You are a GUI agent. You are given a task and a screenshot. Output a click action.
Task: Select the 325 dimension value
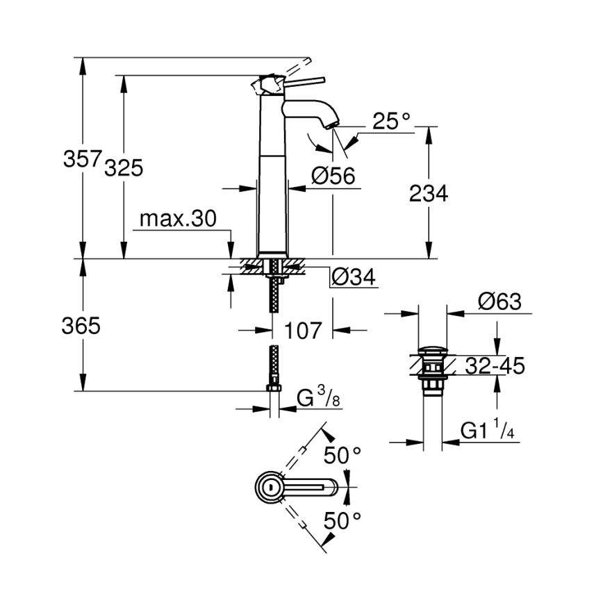click(x=123, y=167)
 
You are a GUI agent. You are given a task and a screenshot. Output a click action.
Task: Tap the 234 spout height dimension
click(x=429, y=194)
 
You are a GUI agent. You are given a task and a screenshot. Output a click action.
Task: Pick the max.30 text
click(x=178, y=220)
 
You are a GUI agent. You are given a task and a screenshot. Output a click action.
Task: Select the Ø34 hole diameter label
click(x=353, y=277)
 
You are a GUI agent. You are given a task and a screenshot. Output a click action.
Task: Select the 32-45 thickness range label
click(x=495, y=365)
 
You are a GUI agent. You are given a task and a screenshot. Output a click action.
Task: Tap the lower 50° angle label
click(x=344, y=519)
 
